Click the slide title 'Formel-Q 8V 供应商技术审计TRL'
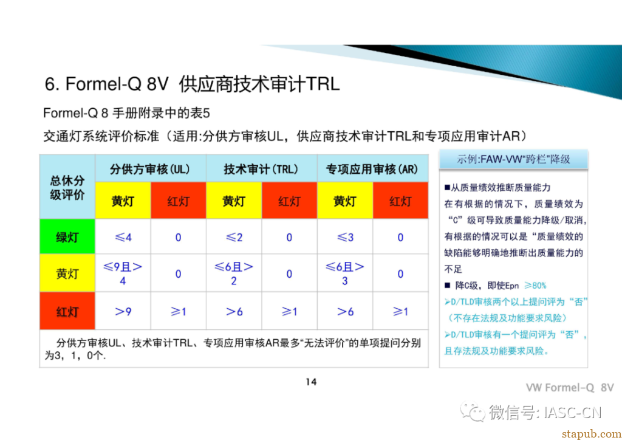[193, 84]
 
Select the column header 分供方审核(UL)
[150, 170]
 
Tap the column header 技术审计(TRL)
[261, 170]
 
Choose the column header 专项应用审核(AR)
[372, 170]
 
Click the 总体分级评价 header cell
[67, 187]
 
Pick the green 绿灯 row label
[67, 237]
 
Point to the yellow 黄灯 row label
[67, 273]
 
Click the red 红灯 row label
[67, 311]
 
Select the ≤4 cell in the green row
[123, 237]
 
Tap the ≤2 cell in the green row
[234, 237]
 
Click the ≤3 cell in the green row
[344, 237]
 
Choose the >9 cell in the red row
[123, 311]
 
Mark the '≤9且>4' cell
[123, 273]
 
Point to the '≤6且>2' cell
[234, 273]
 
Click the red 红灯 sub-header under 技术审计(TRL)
[289, 201]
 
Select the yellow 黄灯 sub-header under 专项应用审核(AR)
[344, 201]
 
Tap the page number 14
[311, 382]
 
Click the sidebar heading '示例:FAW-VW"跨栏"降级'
[513, 159]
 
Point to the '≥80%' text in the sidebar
[535, 285]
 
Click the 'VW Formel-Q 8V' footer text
[570, 388]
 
